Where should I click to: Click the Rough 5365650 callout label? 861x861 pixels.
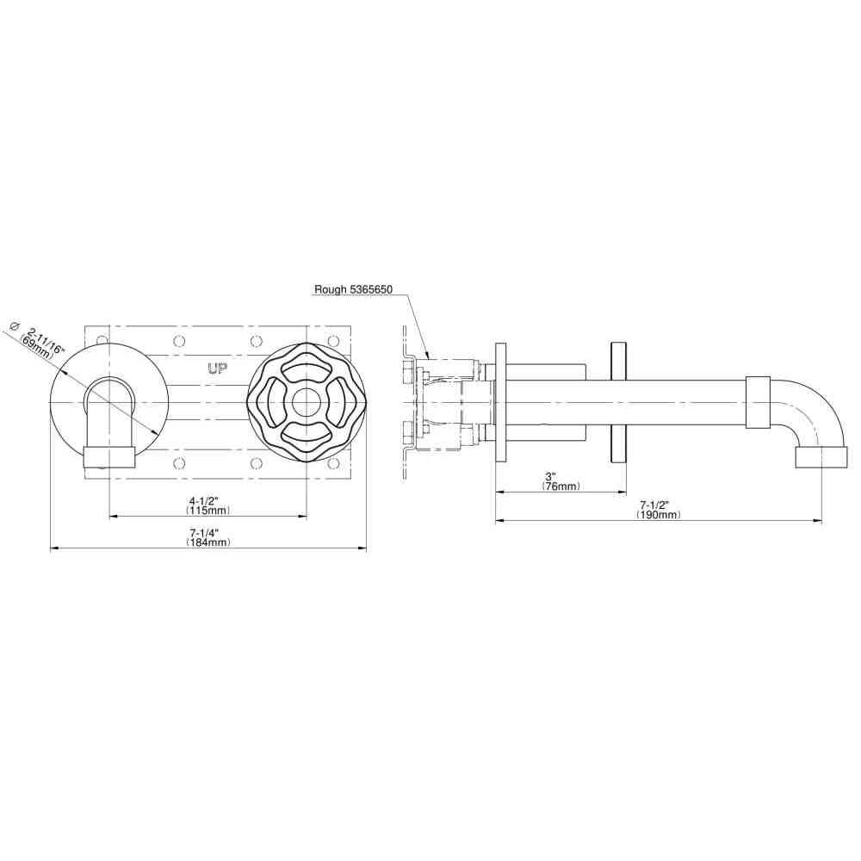coord(353,289)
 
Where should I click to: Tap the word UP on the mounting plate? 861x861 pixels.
coord(218,369)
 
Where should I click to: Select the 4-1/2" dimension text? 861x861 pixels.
coord(204,501)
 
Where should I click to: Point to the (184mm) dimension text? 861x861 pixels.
coord(208,542)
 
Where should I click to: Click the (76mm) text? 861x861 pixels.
coord(561,486)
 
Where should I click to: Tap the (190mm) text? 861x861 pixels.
coord(659,515)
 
